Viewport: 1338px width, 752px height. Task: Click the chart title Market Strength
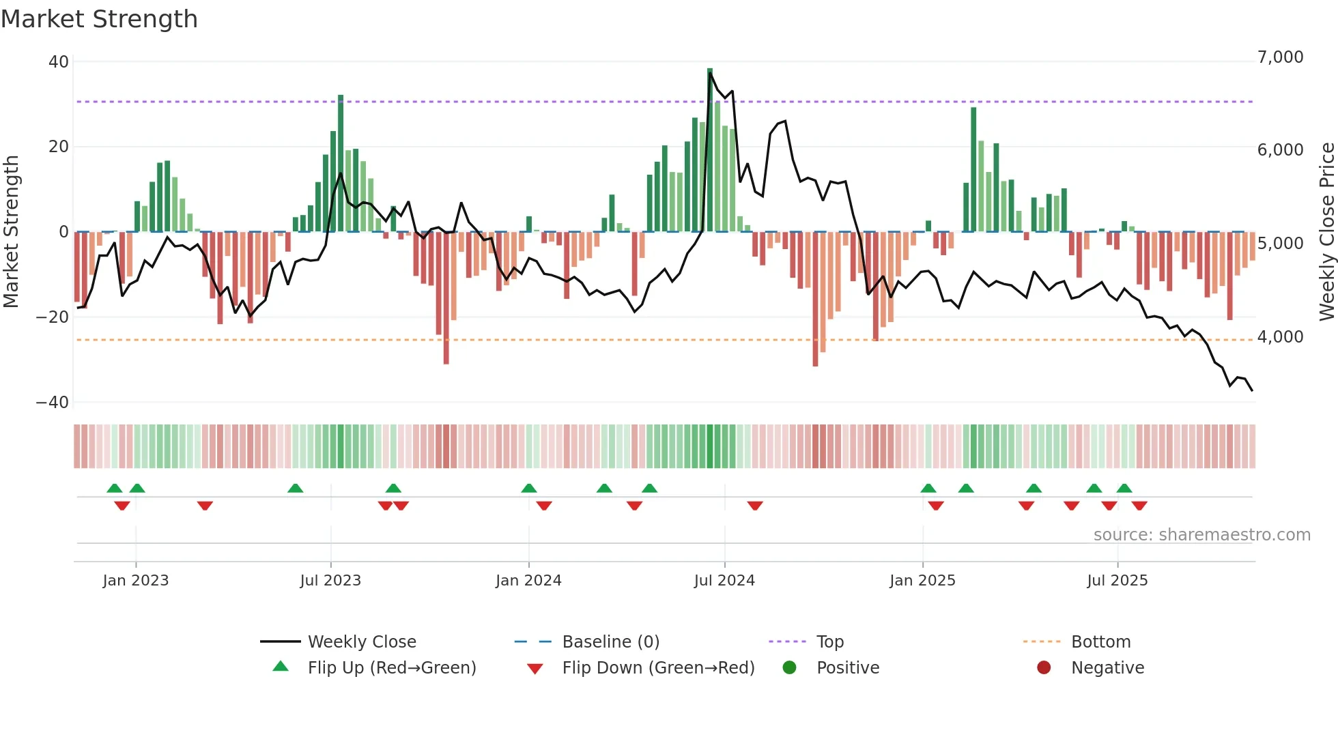point(100,19)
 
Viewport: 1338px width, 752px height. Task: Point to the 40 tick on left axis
point(59,61)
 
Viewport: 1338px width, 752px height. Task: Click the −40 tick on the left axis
point(53,402)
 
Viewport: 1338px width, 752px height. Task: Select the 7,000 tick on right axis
point(1280,57)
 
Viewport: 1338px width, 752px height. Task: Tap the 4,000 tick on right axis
point(1280,337)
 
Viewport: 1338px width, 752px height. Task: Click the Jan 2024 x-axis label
point(528,581)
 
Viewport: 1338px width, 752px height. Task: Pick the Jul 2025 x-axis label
point(1117,581)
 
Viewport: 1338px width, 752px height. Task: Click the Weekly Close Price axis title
point(1326,232)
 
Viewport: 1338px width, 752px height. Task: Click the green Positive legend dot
point(790,667)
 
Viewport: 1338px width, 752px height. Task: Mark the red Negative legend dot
point(1044,667)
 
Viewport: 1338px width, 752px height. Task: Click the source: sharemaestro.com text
point(1201,535)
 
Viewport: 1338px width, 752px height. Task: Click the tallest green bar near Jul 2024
point(710,150)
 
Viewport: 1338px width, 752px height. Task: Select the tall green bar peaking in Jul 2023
point(341,164)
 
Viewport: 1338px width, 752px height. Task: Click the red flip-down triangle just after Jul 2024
point(755,506)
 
